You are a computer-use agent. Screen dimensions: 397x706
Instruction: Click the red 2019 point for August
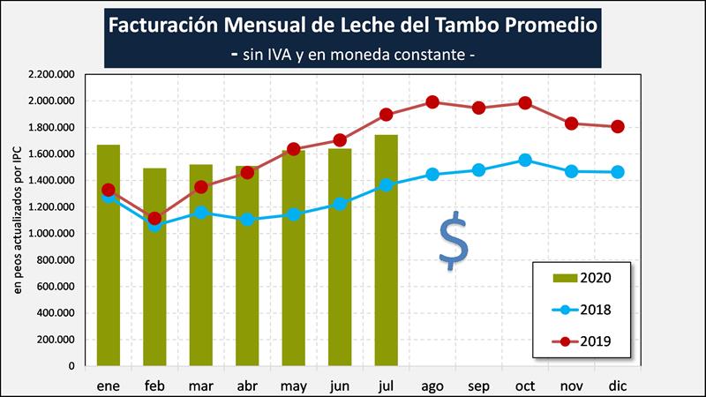(432, 102)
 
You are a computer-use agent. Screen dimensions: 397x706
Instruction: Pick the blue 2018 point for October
(525, 161)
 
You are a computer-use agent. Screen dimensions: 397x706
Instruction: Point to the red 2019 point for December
(618, 126)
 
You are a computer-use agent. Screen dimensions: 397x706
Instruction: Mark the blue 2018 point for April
(247, 219)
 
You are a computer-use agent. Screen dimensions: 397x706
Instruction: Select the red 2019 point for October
(525, 103)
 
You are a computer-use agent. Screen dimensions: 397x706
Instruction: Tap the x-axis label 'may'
(293, 386)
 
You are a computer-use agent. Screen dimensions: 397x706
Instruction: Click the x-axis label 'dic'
(618, 386)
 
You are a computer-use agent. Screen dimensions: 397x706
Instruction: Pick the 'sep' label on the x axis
(478, 386)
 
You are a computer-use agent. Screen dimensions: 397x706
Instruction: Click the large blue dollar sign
(454, 239)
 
